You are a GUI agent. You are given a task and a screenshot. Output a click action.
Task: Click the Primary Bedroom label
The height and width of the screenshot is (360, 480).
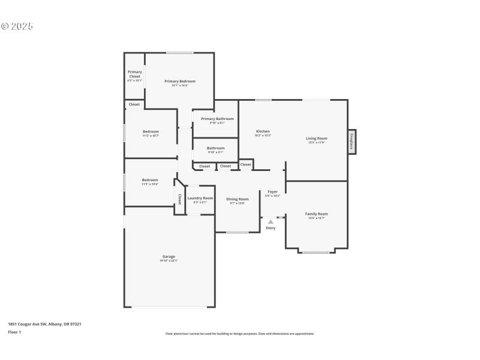179,82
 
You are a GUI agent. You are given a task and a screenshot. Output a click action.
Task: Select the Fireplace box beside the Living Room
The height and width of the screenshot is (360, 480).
352,142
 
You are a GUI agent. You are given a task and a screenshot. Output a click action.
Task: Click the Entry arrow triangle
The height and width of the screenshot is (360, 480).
271,222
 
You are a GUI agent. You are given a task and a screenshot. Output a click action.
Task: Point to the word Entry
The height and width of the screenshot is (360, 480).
271,228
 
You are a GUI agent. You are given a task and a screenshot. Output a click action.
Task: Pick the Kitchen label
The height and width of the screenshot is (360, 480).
263,131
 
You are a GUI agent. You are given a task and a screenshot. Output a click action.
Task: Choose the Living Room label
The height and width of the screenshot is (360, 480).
316,139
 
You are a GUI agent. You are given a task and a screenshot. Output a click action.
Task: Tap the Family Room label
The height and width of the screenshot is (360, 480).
316,214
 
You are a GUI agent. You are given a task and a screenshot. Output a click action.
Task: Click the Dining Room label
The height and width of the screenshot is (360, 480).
237,199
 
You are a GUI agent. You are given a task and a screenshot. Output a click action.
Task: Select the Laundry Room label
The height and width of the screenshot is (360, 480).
200,198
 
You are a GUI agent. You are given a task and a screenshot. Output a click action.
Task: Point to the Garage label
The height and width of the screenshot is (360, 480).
169,257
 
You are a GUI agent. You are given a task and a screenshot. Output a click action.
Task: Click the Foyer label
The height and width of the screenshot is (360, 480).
272,192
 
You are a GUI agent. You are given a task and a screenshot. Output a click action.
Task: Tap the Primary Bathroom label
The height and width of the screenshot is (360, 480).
217,119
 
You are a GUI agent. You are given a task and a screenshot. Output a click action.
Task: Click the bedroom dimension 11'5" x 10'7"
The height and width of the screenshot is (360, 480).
150,136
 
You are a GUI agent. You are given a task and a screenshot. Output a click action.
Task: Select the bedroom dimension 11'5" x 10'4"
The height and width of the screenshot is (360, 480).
150,184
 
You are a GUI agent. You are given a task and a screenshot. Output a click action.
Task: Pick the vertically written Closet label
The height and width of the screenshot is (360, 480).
179,199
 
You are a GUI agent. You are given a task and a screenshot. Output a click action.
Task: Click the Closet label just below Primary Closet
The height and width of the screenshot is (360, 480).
134,104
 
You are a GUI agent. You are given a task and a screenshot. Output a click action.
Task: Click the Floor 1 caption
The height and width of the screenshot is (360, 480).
14,332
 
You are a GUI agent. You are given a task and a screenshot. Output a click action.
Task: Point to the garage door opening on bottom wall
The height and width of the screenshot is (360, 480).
170,307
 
